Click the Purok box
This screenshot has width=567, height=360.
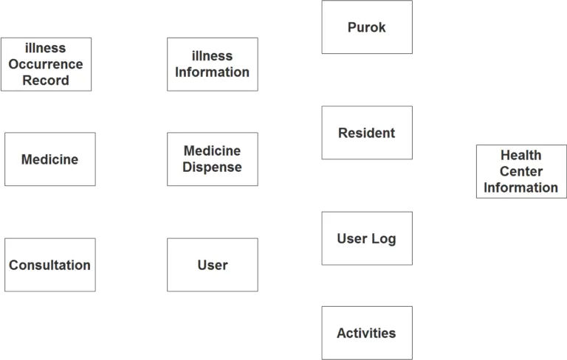(x=366, y=27)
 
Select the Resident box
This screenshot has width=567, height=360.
(x=366, y=133)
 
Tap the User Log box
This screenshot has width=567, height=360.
(x=366, y=238)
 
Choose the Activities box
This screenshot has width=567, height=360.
(x=366, y=333)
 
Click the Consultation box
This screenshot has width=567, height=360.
(x=49, y=265)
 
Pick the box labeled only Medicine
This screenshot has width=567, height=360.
(x=49, y=159)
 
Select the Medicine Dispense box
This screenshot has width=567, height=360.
(x=212, y=159)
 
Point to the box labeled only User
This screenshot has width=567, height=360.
(x=212, y=265)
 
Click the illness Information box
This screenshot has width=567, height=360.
(x=212, y=64)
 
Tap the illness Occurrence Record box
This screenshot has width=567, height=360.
(x=46, y=64)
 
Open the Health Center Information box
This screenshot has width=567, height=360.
(x=520, y=171)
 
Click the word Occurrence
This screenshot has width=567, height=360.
(x=46, y=64)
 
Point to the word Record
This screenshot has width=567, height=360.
(x=46, y=80)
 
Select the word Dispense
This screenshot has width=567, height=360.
(x=212, y=167)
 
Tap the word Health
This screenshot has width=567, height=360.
(x=520, y=155)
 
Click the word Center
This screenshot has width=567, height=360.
(x=520, y=171)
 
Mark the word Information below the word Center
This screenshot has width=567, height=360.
(x=520, y=187)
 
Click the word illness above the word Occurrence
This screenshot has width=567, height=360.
(x=46, y=48)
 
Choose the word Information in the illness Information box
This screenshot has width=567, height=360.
(x=212, y=72)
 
